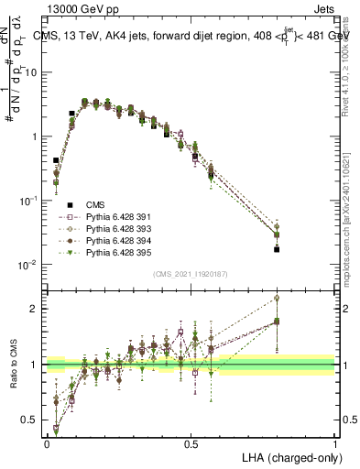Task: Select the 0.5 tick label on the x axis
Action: pos(191,443)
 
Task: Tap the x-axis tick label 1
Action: pos(335,443)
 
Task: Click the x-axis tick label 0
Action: pos(47,443)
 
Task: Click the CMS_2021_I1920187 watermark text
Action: pos(191,273)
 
